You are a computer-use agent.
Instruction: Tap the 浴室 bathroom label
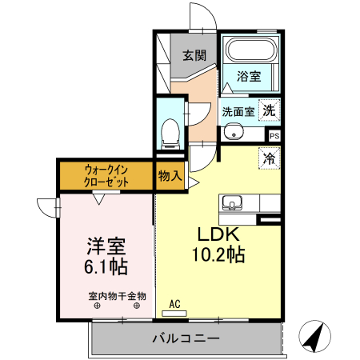pos(249,77)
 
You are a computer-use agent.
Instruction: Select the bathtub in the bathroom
pos(250,51)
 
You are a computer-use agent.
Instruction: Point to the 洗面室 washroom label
pos(238,111)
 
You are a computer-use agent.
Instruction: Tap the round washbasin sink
pos(232,133)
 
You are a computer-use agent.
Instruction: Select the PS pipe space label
pos(274,135)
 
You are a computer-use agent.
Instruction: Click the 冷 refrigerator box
pos(270,158)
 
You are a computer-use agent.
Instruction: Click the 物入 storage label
pos(169,174)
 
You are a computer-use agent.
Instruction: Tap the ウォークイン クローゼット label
pos(106,175)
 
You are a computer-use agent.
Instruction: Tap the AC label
pos(175,304)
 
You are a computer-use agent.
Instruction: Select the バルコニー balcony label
pos(186,339)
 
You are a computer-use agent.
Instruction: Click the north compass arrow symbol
pos(314,338)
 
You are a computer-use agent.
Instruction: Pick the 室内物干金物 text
pos(117,296)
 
